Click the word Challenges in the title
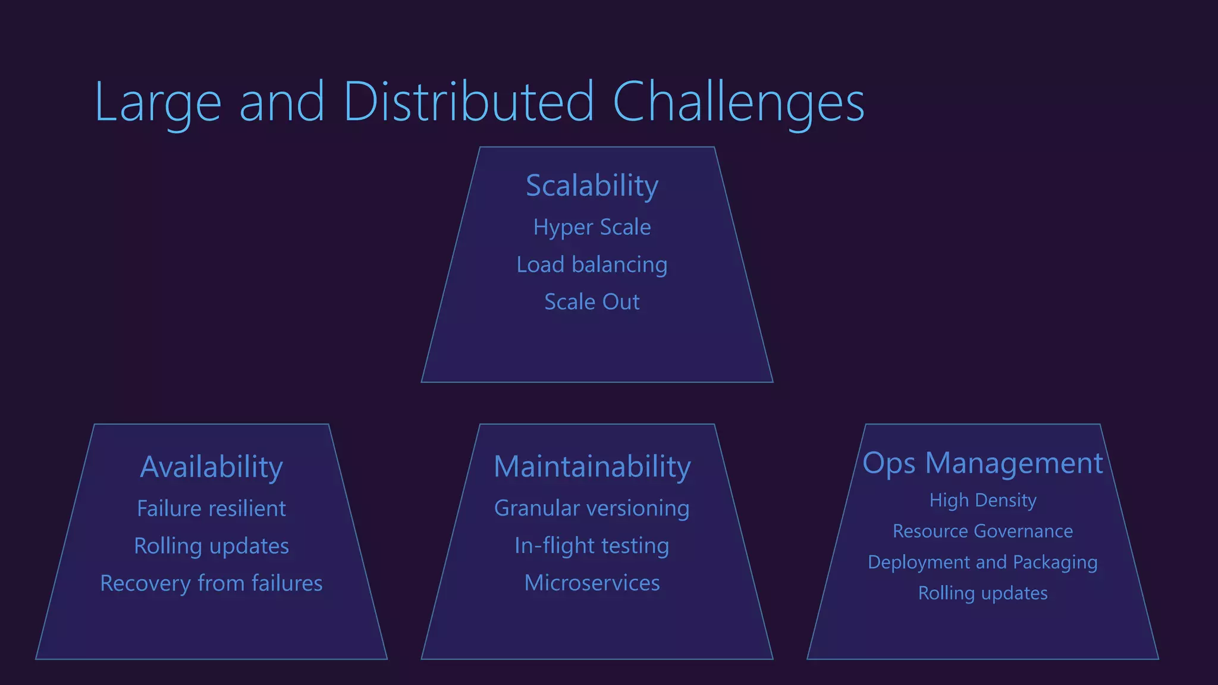(x=738, y=102)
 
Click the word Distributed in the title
(x=468, y=102)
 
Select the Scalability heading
(x=592, y=186)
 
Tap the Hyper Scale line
(x=592, y=227)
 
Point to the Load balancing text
(x=592, y=265)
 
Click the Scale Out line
(x=592, y=302)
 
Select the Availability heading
(x=211, y=467)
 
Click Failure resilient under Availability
(x=211, y=508)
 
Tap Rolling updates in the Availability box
(x=211, y=546)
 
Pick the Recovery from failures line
(x=211, y=583)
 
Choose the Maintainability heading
(x=592, y=467)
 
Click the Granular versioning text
(x=592, y=508)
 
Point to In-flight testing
(x=592, y=546)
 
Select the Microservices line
(x=592, y=583)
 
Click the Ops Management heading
(x=982, y=463)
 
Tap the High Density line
(x=982, y=500)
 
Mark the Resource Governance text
(x=982, y=531)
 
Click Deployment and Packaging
(x=982, y=562)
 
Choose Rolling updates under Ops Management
(x=982, y=593)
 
